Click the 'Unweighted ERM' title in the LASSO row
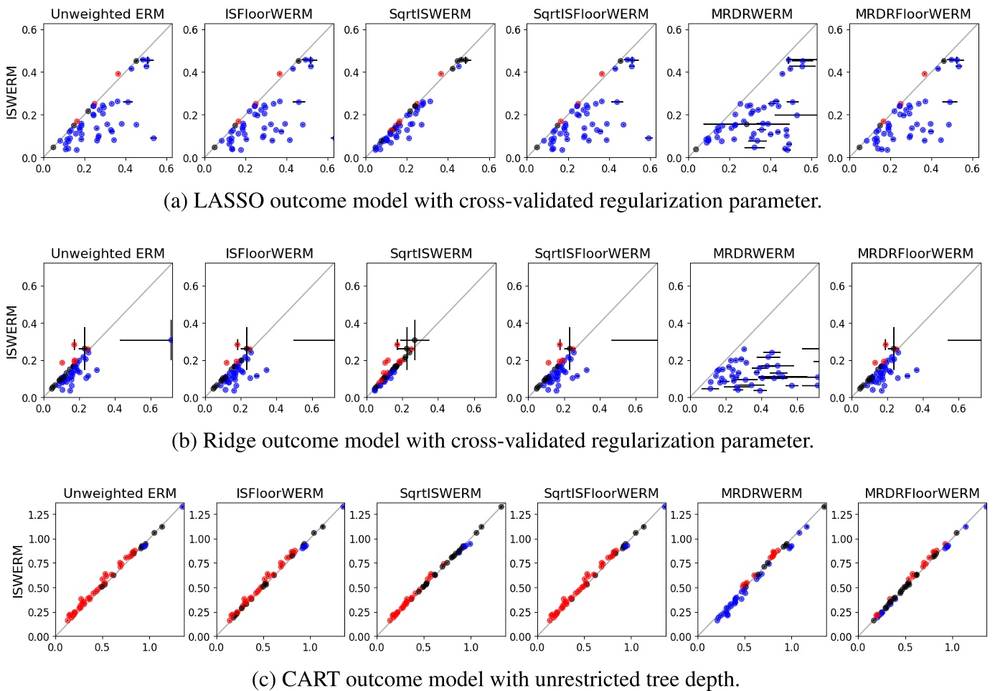[x=108, y=14]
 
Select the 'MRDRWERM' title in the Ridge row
[x=754, y=253]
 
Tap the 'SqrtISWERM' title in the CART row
[x=440, y=493]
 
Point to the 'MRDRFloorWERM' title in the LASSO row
[x=913, y=14]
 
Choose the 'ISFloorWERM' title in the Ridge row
[x=269, y=253]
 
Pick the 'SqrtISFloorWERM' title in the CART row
[x=601, y=493]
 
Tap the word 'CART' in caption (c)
[x=310, y=679]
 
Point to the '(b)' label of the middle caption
[x=184, y=441]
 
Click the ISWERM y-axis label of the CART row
[x=18, y=571]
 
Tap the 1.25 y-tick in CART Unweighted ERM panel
[x=38, y=514]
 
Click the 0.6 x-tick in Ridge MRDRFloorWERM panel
[x=958, y=408]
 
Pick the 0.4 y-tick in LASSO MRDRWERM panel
[x=674, y=72]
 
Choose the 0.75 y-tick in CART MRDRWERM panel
[x=681, y=563]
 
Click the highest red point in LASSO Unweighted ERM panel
[x=118, y=74]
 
